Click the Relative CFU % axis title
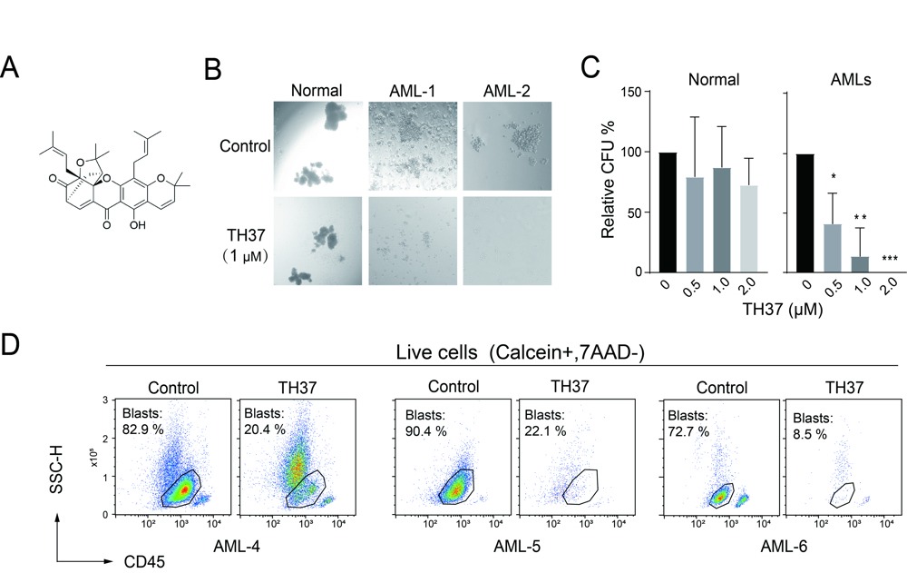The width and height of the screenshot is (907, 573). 609,182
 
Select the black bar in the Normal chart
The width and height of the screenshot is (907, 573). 668,212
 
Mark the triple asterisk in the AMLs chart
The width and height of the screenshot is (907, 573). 890,260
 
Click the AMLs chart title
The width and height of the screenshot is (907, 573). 852,79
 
